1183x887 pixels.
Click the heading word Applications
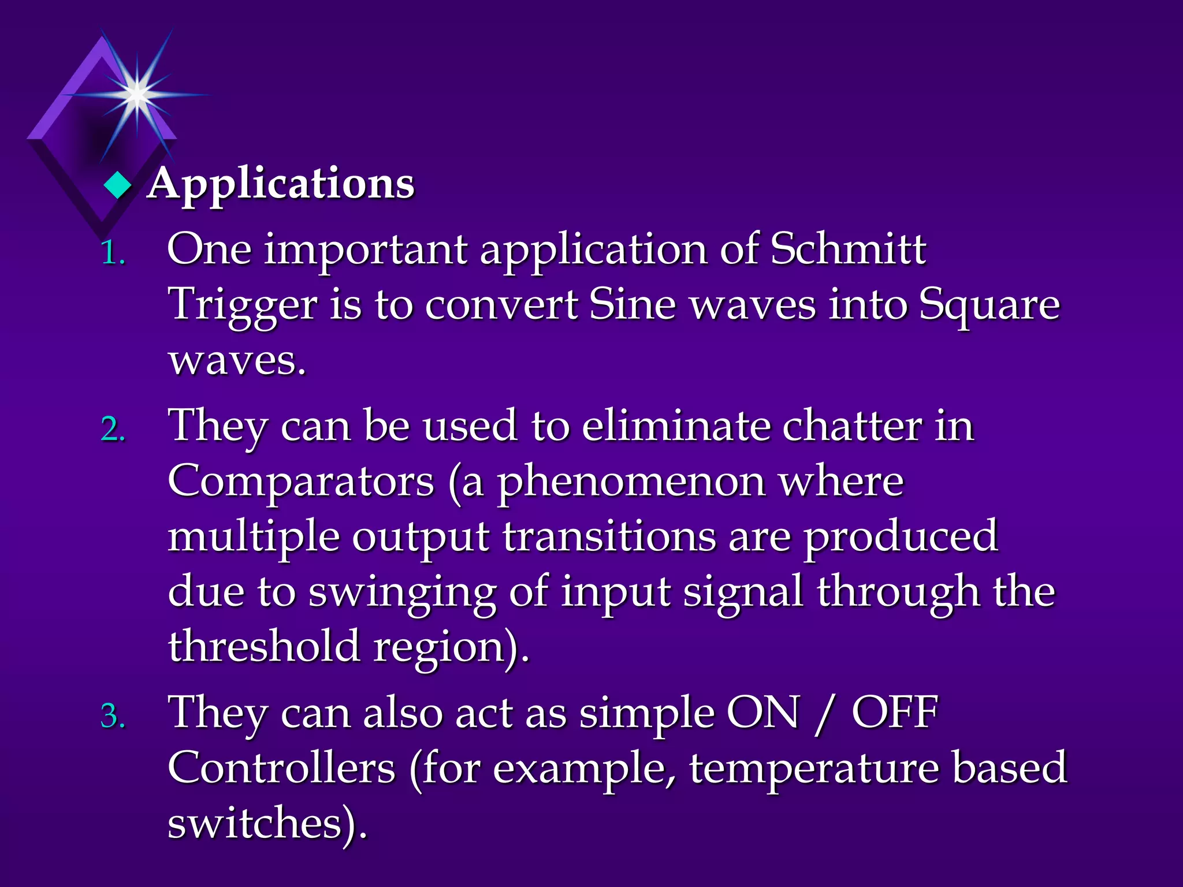[281, 184]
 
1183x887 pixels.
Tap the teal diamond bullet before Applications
[118, 186]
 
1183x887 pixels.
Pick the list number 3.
[113, 716]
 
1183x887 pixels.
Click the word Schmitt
[848, 249]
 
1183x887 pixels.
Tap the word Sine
[632, 305]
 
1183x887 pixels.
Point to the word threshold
[263, 647]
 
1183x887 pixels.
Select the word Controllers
[282, 768]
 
